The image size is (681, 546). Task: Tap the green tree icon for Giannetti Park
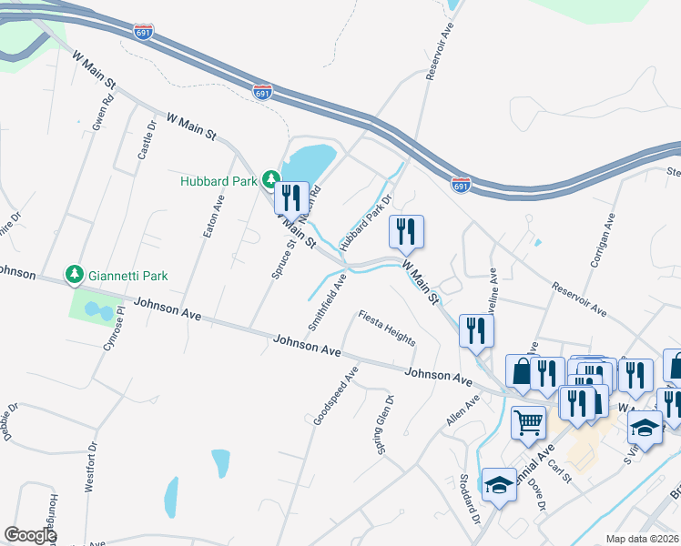75,273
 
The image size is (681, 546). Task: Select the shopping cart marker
527,422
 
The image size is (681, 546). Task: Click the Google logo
30,535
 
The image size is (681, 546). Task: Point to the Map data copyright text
641,539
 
